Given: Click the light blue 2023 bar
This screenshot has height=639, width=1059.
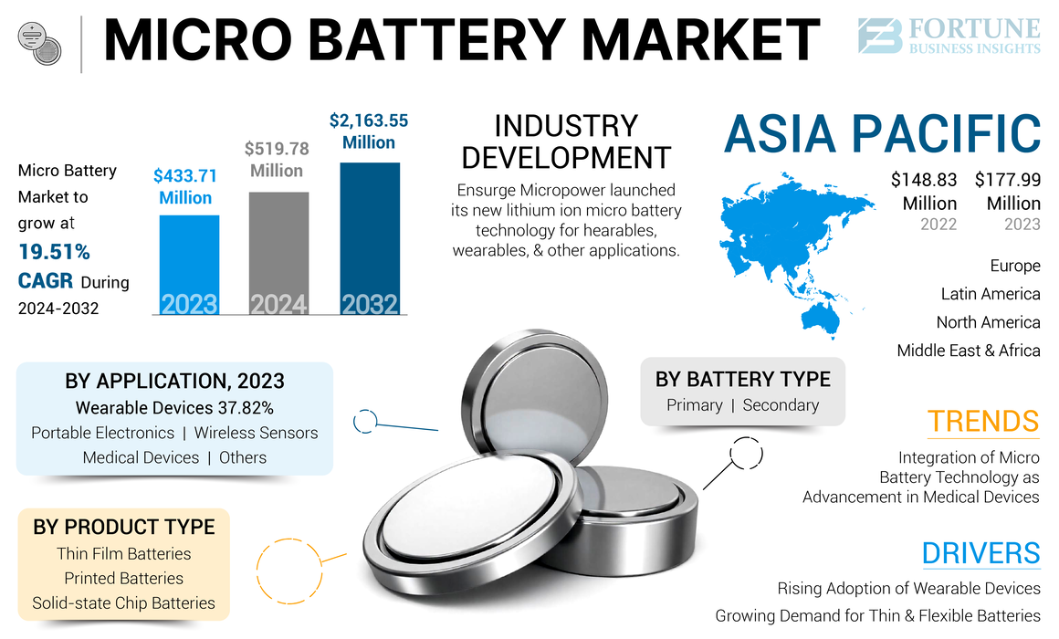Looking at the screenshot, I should coord(189,265).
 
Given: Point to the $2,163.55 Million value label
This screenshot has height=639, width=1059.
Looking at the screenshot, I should coord(369,131).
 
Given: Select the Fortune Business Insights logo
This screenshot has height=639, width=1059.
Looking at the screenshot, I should coord(949,37).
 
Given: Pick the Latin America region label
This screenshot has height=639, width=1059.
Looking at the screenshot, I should coord(991,294).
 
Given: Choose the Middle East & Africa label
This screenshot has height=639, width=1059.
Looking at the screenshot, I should coord(968,351).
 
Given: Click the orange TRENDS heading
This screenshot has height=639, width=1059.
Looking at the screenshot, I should coord(983,421).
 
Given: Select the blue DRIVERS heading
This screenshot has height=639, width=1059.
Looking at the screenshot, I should coord(980,553).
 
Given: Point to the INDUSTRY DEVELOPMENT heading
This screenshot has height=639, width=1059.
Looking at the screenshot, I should coord(566,141).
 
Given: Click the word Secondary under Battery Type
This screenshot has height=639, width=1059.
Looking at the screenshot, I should coord(781,405).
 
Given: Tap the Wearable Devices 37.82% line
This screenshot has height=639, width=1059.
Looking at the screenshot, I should coord(174,407).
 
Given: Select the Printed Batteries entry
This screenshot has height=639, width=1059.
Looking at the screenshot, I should coord(123,578).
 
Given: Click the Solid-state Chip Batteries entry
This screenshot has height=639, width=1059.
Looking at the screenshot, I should coord(123,602).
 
